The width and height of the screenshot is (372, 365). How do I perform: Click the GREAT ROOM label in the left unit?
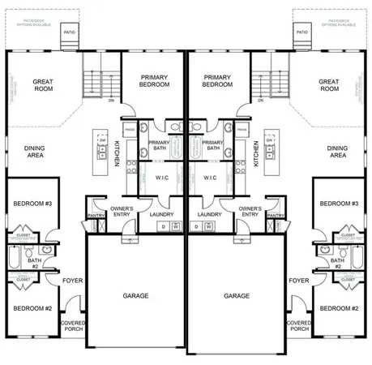pyautogui.click(x=43, y=85)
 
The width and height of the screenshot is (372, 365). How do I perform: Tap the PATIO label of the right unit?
pyautogui.click(x=301, y=32)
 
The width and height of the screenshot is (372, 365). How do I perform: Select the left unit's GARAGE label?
pyautogui.click(x=135, y=296)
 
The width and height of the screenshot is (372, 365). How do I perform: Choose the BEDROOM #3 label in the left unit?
pyautogui.click(x=33, y=203)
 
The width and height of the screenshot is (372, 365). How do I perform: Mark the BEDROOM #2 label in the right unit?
pyautogui.click(x=339, y=308)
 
